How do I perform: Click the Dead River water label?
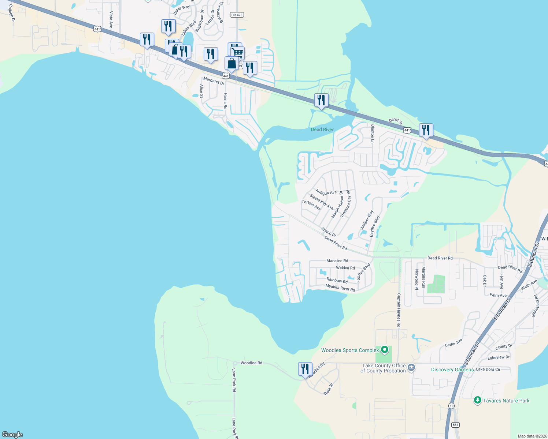point(322,130)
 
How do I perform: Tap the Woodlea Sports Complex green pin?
point(384,350)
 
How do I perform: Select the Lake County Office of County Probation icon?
point(411,367)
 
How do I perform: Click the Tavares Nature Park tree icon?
point(477,400)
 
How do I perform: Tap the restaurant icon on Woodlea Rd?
point(305,369)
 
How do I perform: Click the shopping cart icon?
point(238,53)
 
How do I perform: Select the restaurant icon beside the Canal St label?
point(426,130)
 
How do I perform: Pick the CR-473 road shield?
point(237,15)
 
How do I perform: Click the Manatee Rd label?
point(337,261)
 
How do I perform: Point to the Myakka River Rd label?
point(340,289)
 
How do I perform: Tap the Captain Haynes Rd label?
point(399,310)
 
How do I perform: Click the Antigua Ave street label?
point(326,192)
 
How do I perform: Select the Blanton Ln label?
point(373,134)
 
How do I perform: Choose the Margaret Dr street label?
point(214,81)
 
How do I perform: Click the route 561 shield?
point(455,425)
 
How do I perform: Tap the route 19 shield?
point(451,406)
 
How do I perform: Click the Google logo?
point(12,434)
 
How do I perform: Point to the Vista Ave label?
point(111,20)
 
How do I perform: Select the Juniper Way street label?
point(367,219)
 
